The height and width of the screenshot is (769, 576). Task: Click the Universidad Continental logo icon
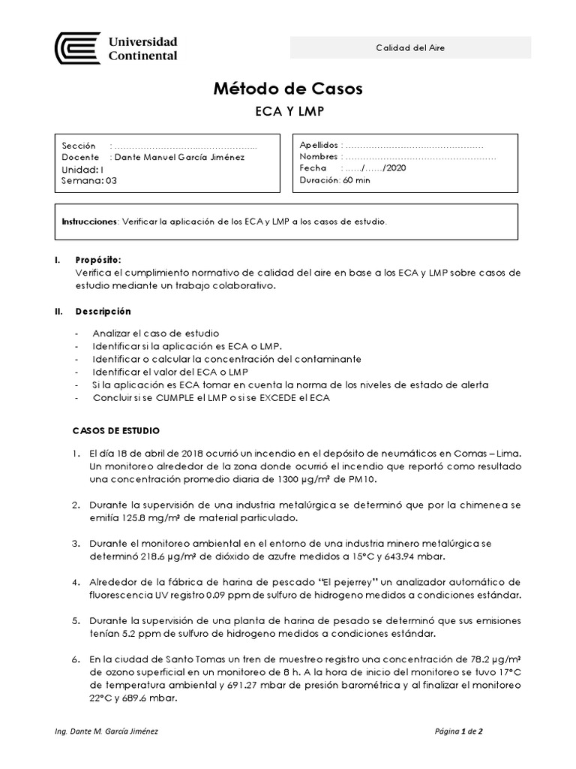click(x=77, y=47)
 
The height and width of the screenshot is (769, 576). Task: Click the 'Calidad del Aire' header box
click(x=410, y=48)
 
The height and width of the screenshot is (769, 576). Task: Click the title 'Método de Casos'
click(x=288, y=89)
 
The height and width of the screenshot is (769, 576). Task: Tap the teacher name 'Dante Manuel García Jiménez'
click(x=178, y=157)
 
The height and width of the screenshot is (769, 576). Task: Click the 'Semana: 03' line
click(x=89, y=180)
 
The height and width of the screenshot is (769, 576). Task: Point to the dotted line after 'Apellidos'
click(x=413, y=145)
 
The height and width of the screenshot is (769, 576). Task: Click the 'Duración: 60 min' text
click(x=334, y=180)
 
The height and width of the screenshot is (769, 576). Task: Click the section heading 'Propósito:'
click(x=97, y=259)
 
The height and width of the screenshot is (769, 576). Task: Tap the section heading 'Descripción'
click(x=102, y=311)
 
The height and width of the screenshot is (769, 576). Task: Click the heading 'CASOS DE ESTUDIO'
click(x=115, y=431)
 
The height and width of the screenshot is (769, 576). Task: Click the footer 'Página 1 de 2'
click(x=463, y=731)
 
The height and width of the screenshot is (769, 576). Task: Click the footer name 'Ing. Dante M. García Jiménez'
click(x=107, y=731)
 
